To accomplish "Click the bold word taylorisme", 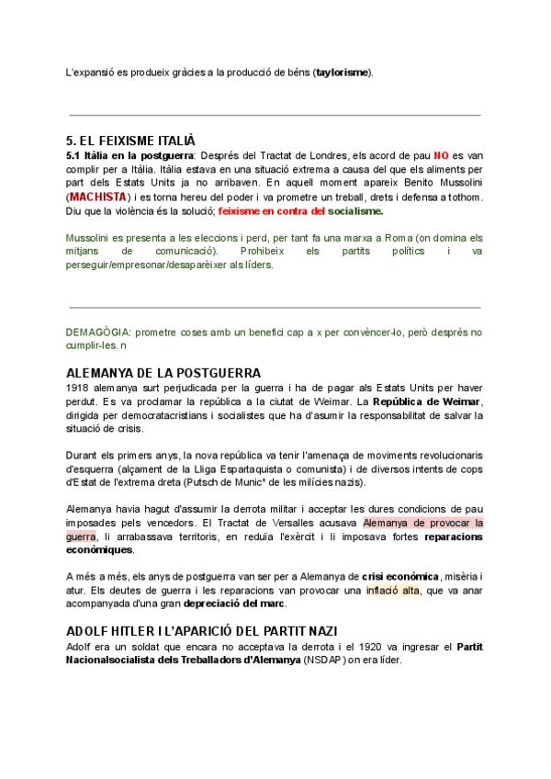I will point(343,72).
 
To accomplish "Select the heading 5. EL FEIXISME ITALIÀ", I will point(131,141).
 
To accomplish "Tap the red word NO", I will point(443,156).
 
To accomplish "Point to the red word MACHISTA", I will point(98,197).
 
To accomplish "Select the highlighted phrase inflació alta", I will point(392,590).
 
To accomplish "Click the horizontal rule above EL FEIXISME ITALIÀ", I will point(275,115).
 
